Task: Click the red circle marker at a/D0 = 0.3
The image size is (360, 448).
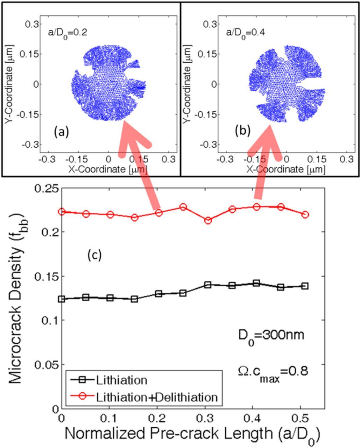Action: [208, 220]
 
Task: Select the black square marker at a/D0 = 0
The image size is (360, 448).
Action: [62, 299]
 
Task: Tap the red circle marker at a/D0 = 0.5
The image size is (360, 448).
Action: [305, 215]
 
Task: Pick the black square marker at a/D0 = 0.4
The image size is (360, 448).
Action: [256, 283]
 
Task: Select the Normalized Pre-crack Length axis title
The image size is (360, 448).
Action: [191, 434]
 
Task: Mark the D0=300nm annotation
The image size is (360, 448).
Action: [269, 335]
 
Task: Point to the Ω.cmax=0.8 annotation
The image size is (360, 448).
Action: [271, 371]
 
